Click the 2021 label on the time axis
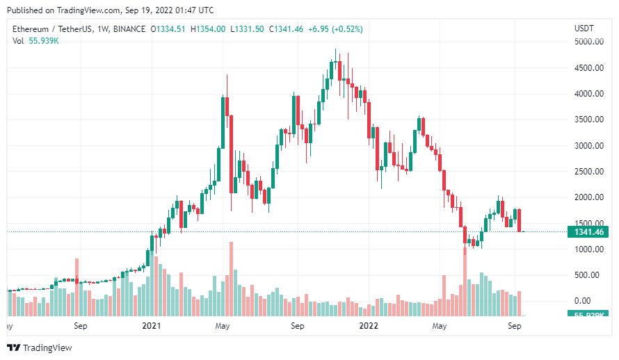(152, 325)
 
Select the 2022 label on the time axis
(368, 325)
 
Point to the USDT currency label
(584, 28)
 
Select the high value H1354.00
(211, 28)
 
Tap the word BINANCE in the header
(129, 28)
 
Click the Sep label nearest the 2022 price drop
(515, 325)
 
